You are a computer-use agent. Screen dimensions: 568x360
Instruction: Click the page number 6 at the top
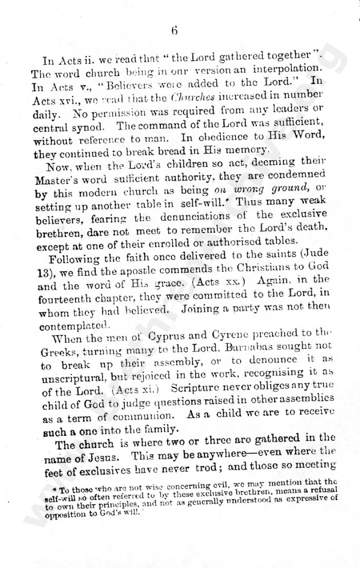[174, 30]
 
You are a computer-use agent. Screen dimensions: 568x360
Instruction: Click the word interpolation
[287, 67]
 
